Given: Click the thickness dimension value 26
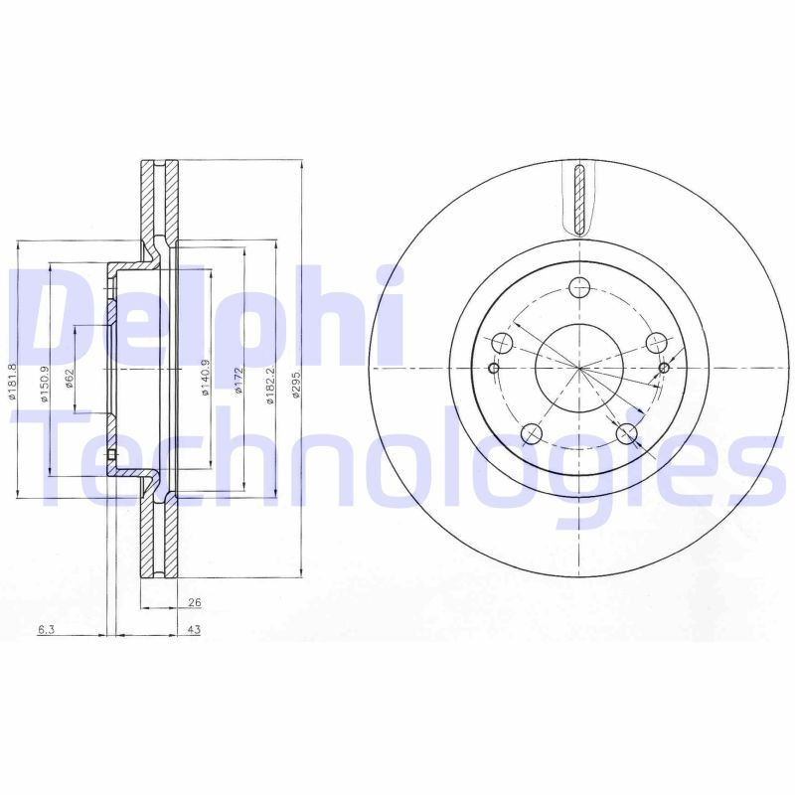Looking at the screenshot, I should (x=194, y=602).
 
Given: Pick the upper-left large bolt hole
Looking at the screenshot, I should (x=503, y=344).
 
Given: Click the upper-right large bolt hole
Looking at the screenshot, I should (x=655, y=343).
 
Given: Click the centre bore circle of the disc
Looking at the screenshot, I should (x=578, y=367).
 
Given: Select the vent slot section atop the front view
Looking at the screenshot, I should (x=578, y=199).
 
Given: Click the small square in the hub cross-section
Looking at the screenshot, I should (x=111, y=457).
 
